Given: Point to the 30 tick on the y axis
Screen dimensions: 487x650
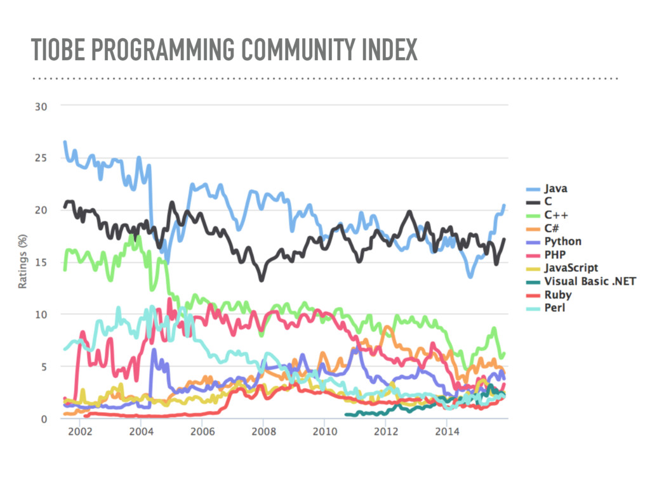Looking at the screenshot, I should (40, 106).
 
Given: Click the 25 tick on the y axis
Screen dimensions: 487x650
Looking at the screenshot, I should (40, 158).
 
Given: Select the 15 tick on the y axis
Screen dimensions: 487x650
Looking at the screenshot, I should (40, 262).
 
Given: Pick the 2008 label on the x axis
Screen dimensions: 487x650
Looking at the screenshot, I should (263, 432).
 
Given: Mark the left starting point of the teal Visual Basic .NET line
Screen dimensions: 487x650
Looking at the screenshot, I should (347, 415).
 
